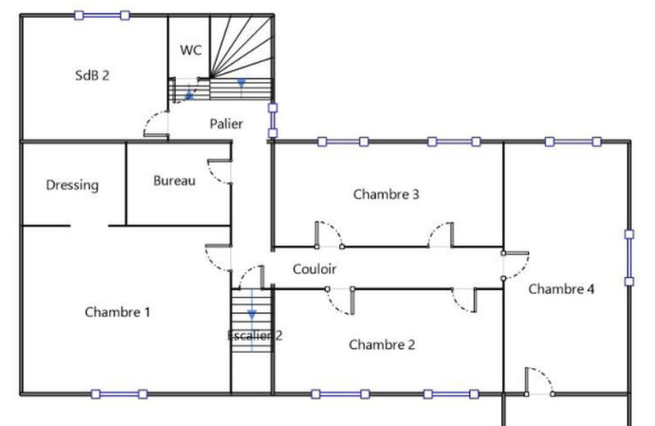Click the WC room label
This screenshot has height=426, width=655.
coord(191,50)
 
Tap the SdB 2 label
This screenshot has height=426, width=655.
coord(92,75)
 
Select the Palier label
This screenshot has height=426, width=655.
coord(226,125)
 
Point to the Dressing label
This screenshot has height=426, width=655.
coord(72,185)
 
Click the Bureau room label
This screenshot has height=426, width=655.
coord(174,180)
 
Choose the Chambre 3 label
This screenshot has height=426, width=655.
coord(386,195)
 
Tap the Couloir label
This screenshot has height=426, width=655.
coord(314,269)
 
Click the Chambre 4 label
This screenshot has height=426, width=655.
coord(562,289)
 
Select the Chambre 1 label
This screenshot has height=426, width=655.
coord(118,312)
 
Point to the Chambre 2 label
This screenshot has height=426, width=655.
coord(382,345)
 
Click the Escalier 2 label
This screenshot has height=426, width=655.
coord(255,335)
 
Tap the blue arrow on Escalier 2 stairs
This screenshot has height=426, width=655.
coord(252,313)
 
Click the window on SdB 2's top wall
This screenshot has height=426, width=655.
coord(102,15)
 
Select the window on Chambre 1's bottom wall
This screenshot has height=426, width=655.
coord(120,394)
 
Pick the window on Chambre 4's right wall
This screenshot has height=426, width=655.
coord(629,257)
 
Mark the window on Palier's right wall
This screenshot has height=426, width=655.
coord(273,120)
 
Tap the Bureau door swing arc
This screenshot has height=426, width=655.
coord(219,172)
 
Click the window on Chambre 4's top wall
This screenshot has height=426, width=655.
coord(574,142)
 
